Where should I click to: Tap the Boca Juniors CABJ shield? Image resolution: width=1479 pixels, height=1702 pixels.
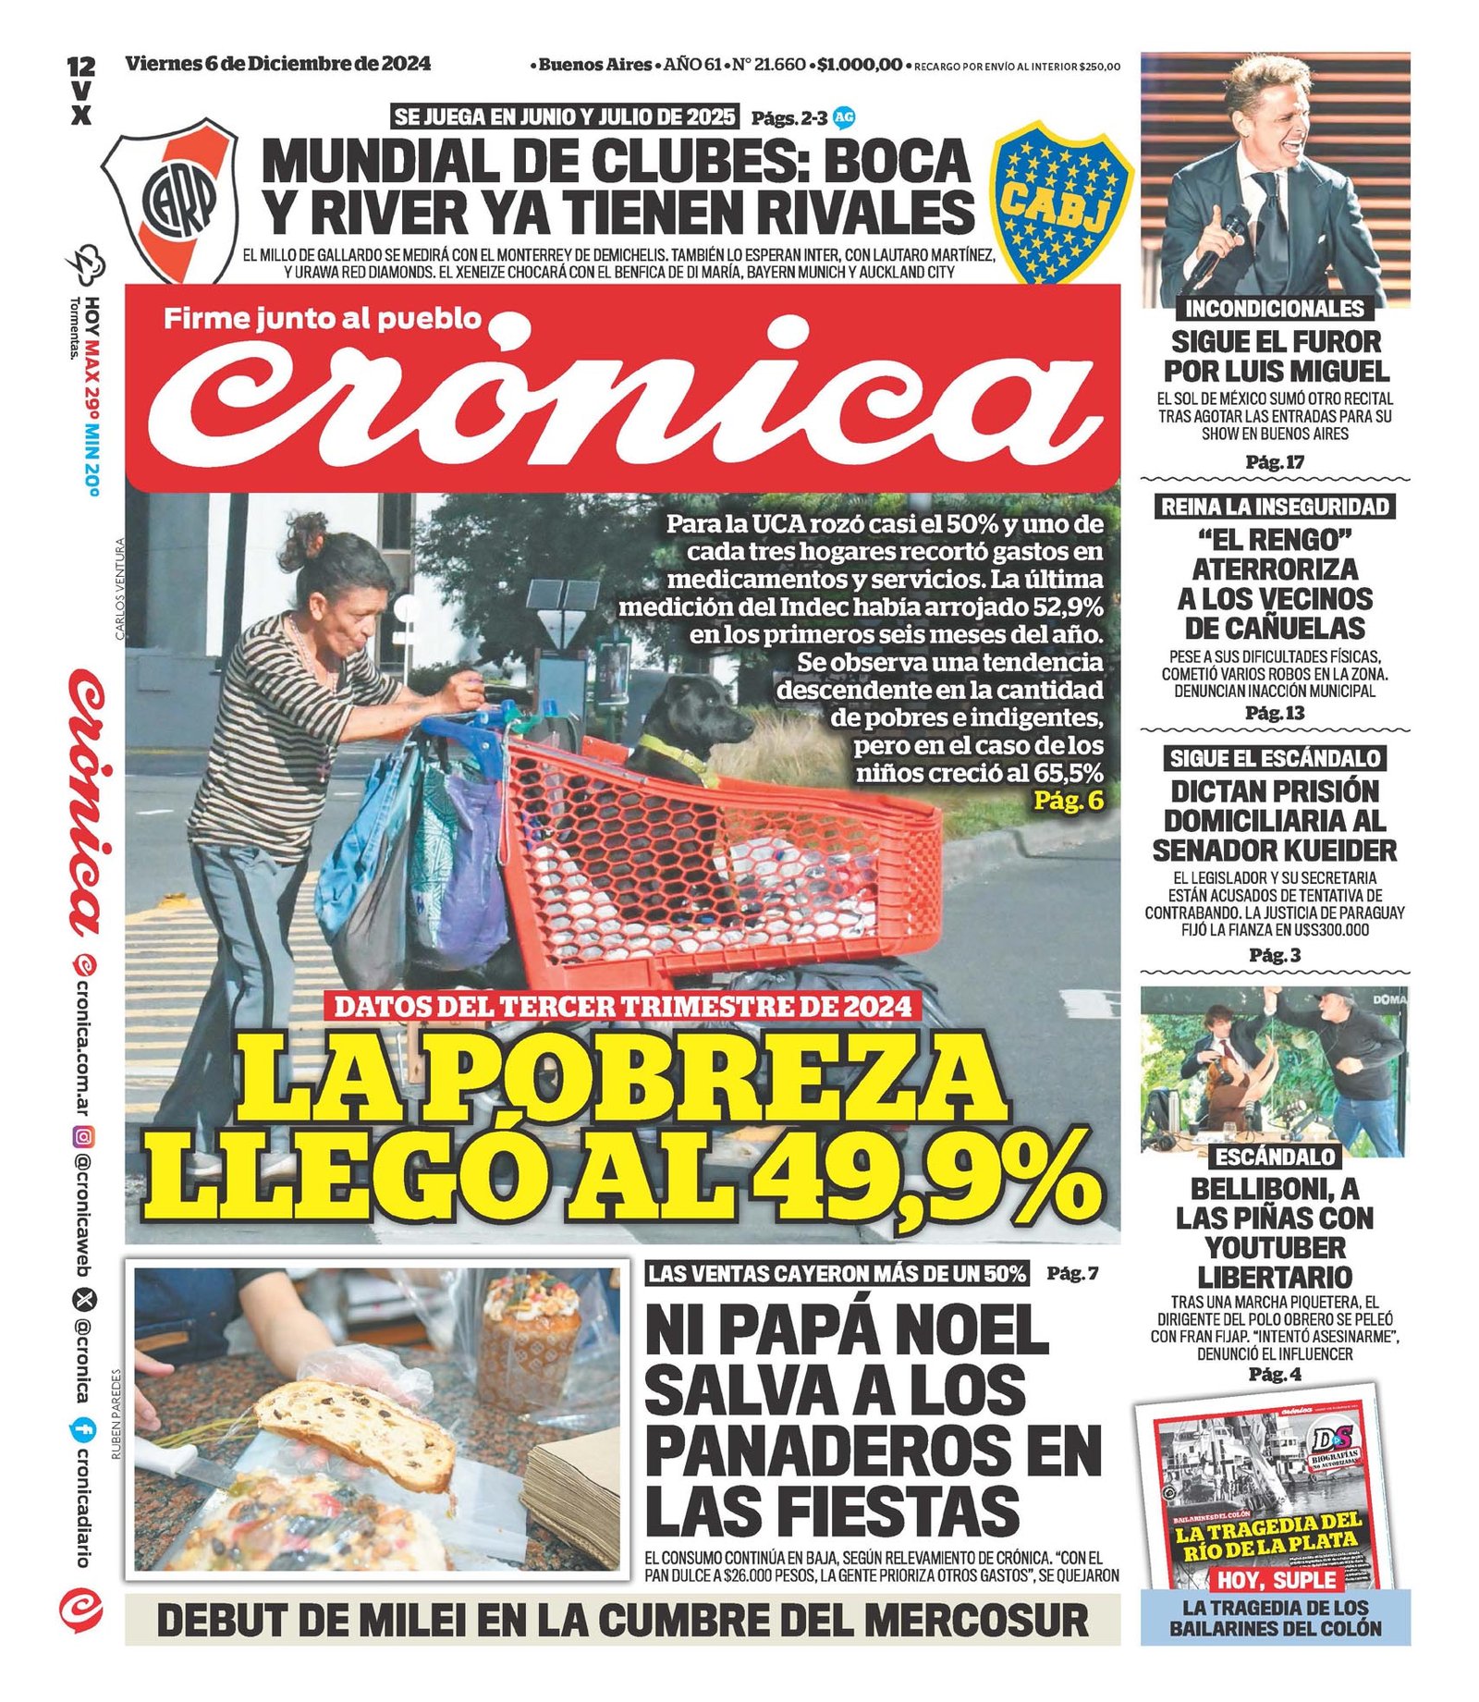click(1061, 204)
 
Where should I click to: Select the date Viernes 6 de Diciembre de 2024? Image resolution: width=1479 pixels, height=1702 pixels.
click(278, 64)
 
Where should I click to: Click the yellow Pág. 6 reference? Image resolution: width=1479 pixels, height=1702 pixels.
click(1069, 800)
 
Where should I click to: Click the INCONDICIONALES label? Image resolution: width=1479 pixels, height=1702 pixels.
click(1275, 309)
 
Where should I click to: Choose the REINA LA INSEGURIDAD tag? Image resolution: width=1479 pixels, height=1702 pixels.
click(1275, 506)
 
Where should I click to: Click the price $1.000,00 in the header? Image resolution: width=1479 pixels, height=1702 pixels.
click(859, 65)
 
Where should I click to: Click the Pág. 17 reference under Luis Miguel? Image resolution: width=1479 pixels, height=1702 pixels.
click(1275, 461)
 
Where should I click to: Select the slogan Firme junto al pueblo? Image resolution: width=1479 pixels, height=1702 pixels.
click(323, 319)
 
